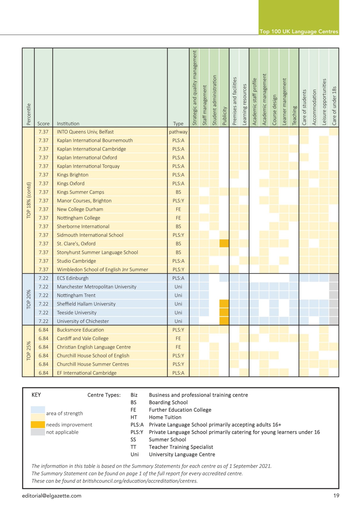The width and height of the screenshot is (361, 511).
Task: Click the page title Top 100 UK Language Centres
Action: point(299,32)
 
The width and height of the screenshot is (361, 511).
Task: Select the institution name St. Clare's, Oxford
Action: point(76,244)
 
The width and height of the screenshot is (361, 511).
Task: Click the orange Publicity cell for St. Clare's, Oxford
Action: point(224,243)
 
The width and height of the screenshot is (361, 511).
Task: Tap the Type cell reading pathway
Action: point(178,132)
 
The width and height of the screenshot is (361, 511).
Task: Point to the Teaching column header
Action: point(294,115)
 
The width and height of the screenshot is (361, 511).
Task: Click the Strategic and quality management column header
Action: point(194,88)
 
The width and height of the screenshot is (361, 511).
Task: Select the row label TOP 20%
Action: point(28,299)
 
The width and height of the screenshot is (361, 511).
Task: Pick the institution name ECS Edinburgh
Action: point(72,278)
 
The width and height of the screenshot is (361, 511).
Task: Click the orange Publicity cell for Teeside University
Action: point(224,312)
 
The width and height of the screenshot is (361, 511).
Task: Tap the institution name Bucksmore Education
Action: point(80,330)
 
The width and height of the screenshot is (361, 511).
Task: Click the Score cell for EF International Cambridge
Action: point(43,373)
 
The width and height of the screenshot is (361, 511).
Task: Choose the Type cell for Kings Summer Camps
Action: point(178,192)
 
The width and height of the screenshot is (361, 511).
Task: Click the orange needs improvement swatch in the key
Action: point(38,424)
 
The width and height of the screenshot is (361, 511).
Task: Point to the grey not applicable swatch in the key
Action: point(38,432)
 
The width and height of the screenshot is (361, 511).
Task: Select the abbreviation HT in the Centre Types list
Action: point(134,417)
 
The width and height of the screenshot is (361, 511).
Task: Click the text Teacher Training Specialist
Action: point(181,447)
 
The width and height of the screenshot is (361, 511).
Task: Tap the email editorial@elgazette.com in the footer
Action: point(51,496)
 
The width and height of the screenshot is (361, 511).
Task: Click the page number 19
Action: point(336,495)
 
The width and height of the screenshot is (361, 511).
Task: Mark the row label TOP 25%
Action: point(28,351)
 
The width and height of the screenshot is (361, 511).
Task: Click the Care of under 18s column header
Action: point(334,106)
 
